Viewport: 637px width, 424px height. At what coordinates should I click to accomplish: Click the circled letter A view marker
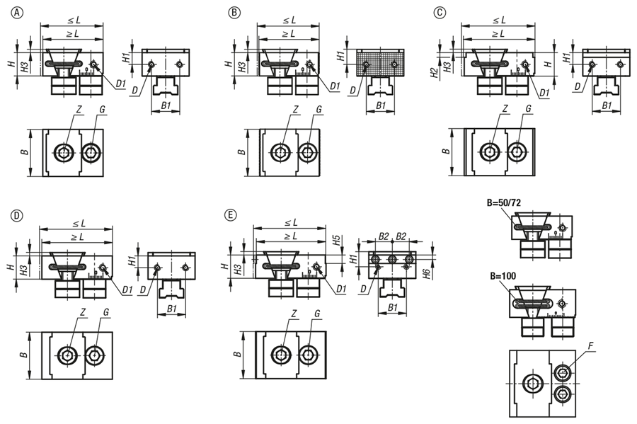[17, 13]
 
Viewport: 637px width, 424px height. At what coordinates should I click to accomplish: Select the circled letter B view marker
[234, 13]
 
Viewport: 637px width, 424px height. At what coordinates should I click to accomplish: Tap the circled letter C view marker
[440, 13]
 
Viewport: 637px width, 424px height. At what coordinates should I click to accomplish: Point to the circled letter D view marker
[17, 216]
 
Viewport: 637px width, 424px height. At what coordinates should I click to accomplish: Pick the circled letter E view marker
[230, 215]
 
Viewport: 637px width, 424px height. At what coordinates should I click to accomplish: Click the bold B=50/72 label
[504, 203]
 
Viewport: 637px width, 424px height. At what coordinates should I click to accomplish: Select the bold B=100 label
[503, 276]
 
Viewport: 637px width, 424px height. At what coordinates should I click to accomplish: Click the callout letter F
[591, 346]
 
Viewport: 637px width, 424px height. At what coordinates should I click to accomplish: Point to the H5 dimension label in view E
[336, 240]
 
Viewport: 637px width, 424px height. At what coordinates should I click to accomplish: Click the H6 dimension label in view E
[426, 275]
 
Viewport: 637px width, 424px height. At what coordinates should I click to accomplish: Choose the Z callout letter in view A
[79, 110]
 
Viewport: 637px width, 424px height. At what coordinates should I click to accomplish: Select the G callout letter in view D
[106, 312]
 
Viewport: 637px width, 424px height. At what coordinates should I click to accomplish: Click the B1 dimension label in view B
[381, 105]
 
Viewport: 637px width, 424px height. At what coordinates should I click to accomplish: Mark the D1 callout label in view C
[544, 93]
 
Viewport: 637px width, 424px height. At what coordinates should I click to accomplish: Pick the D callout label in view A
[135, 90]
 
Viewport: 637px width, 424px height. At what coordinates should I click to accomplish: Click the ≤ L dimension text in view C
[498, 21]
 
